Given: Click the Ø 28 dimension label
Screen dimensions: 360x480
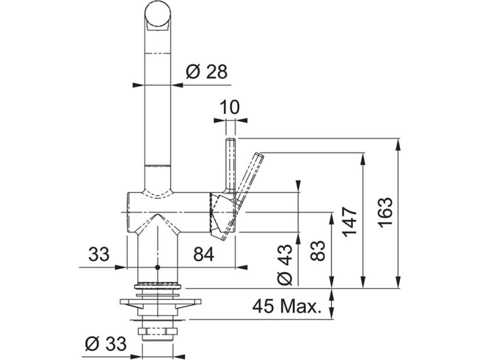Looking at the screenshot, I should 206,71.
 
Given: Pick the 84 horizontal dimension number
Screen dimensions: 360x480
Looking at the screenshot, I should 203,254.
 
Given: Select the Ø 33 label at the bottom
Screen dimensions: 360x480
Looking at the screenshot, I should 106,344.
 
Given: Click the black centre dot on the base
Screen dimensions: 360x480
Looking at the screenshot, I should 157,268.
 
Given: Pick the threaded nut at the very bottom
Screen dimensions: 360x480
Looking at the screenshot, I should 157,333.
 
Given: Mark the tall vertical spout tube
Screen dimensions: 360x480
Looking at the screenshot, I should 157,105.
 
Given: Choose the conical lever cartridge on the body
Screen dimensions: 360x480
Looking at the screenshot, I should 223,215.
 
